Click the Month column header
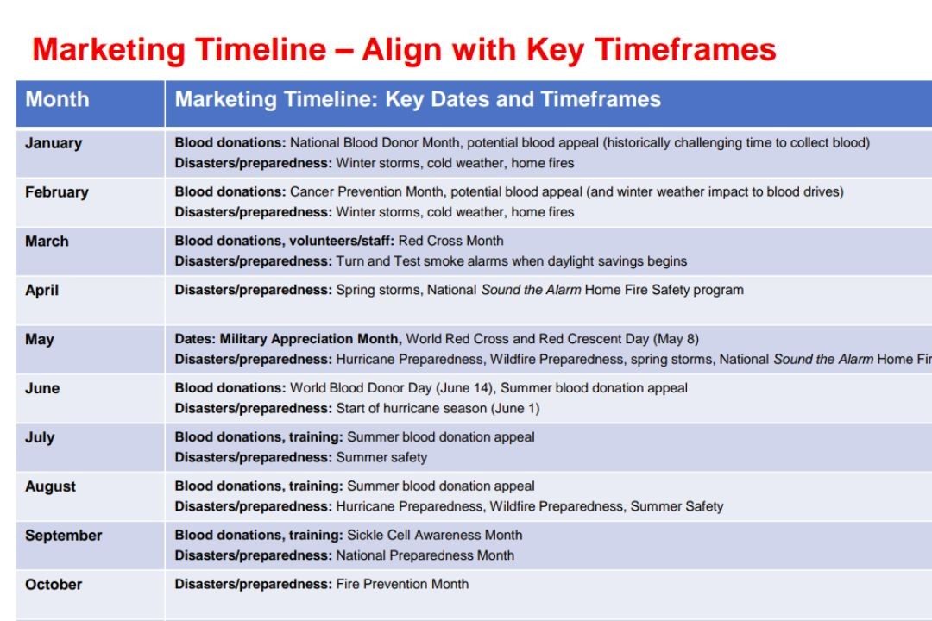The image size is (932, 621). [x=57, y=99]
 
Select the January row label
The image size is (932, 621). [x=54, y=143]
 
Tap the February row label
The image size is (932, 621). [x=56, y=192]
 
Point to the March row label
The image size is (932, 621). [x=47, y=241]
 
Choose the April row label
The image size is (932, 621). [x=41, y=291]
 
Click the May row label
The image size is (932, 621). [x=39, y=340]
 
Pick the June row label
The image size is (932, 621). [x=42, y=389]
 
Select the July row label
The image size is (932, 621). [x=40, y=438]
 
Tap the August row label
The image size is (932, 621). [x=51, y=487]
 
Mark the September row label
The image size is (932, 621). [x=64, y=536]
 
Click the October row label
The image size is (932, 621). [x=54, y=585]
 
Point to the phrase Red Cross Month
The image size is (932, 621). [x=450, y=241]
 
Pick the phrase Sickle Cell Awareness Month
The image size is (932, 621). [x=434, y=535]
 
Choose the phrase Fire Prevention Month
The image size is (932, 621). [x=402, y=584]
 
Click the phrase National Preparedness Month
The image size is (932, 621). [x=425, y=555]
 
